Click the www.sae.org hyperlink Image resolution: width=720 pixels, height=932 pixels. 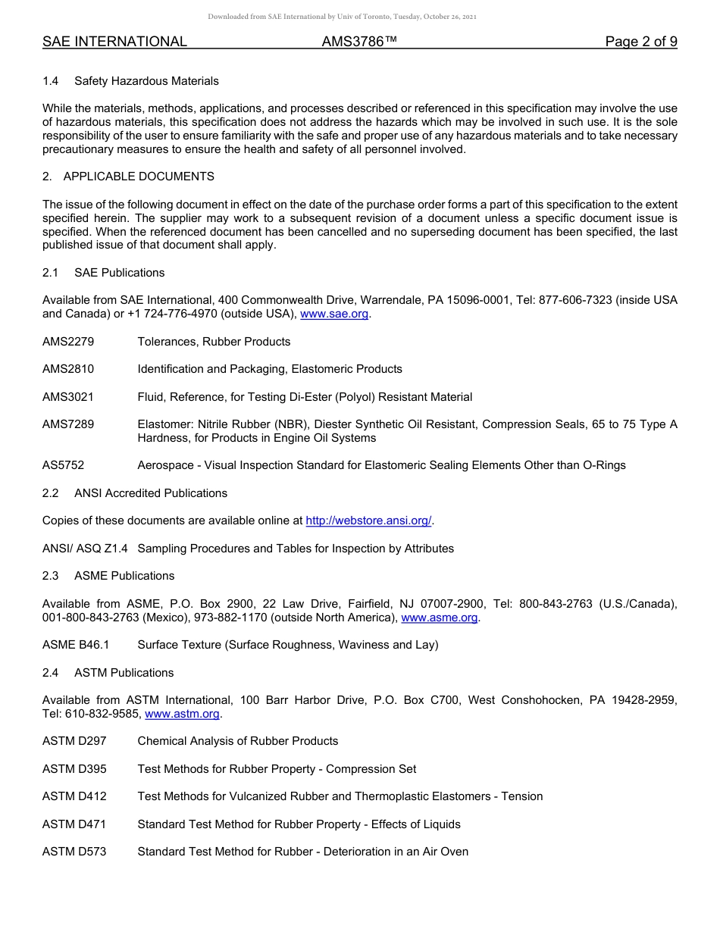(x=335, y=314)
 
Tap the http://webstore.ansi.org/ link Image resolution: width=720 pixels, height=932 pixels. (x=368, y=521)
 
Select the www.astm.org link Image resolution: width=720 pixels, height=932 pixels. (x=182, y=714)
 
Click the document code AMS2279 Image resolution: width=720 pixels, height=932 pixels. (x=68, y=342)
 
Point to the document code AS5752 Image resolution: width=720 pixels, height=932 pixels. (x=63, y=465)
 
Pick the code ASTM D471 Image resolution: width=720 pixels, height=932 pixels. (x=74, y=824)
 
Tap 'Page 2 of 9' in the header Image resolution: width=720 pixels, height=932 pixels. (x=640, y=42)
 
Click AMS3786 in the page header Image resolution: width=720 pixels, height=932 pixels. (x=359, y=42)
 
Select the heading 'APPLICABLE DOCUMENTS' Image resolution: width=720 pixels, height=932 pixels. (x=139, y=177)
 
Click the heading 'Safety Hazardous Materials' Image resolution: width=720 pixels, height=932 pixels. (x=146, y=81)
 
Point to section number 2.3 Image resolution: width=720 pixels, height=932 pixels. (x=51, y=576)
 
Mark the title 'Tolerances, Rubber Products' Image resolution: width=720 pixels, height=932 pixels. (x=214, y=342)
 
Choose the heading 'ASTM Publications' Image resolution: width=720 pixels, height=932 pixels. (x=124, y=673)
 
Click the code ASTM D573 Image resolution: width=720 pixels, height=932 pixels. (x=74, y=852)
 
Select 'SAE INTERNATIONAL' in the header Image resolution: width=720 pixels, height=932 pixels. (x=114, y=42)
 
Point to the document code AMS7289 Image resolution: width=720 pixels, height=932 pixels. (x=68, y=424)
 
